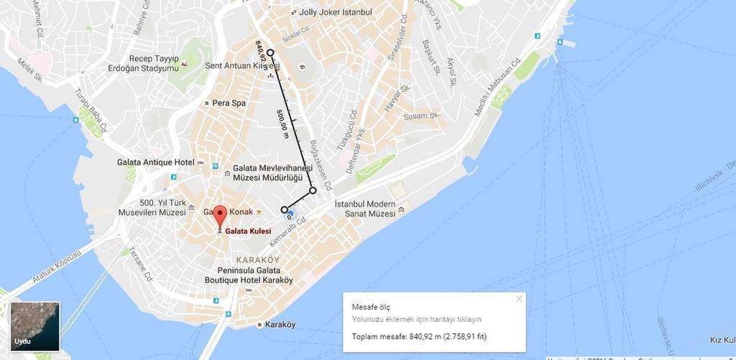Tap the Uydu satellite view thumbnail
pyautogui.click(x=34, y=326)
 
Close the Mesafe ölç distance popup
pyautogui.click(x=519, y=299)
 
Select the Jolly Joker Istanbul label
pyautogui.click(x=336, y=12)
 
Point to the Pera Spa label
pyautogui.click(x=229, y=103)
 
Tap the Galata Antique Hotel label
pyautogui.click(x=155, y=162)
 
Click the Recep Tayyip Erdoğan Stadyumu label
pyautogui.click(x=153, y=63)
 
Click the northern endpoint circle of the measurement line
pyautogui.click(x=270, y=52)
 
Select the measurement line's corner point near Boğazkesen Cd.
pyautogui.click(x=313, y=190)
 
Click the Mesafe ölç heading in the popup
pyautogui.click(x=372, y=307)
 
